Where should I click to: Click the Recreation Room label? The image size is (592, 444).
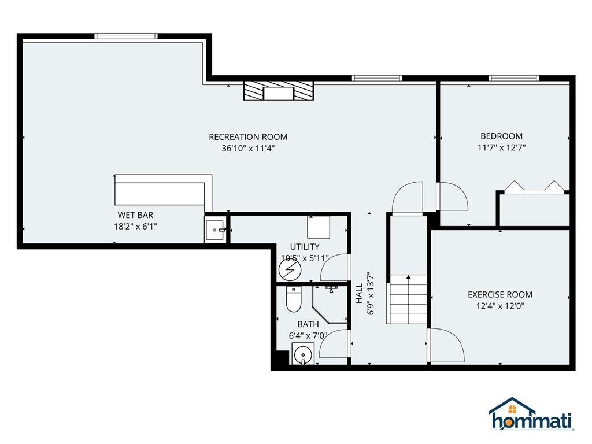[248, 136]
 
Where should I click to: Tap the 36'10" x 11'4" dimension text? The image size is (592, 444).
[248, 149]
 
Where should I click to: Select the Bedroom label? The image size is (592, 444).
[501, 136]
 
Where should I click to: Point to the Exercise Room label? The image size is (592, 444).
[500, 294]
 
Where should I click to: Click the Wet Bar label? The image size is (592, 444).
[135, 215]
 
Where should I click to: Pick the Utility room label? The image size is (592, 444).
[305, 246]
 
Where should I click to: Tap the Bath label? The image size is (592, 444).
[308, 324]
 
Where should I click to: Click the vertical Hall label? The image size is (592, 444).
[359, 293]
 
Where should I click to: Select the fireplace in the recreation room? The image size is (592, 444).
[279, 91]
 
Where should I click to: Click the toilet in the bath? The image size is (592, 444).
[293, 299]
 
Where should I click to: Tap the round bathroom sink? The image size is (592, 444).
[302, 354]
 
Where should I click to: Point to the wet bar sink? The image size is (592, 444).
[215, 230]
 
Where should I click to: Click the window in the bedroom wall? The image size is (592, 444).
[514, 78]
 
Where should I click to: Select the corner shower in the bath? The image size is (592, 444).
[329, 304]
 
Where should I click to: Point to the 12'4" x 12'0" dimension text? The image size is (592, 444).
[500, 306]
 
